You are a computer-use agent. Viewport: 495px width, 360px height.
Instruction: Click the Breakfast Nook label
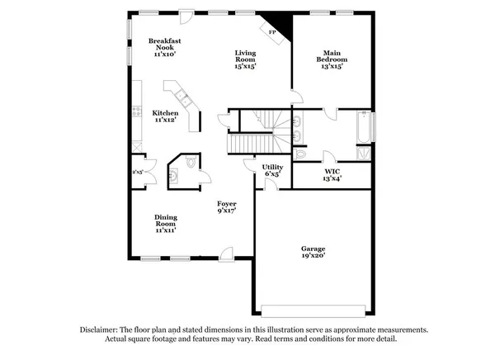(x=165, y=47)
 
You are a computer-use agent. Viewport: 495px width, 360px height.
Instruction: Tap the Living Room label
(x=244, y=59)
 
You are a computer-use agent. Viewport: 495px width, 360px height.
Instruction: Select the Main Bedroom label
(x=332, y=59)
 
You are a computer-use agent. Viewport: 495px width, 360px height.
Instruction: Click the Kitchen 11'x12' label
(x=165, y=116)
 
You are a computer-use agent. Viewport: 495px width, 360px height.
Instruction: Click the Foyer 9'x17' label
(x=227, y=207)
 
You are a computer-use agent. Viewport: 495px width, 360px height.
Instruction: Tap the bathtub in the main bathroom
(x=363, y=128)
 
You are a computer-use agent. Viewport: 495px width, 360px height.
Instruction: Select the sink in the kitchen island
(x=186, y=102)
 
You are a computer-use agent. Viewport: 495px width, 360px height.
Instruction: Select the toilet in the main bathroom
(x=300, y=154)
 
